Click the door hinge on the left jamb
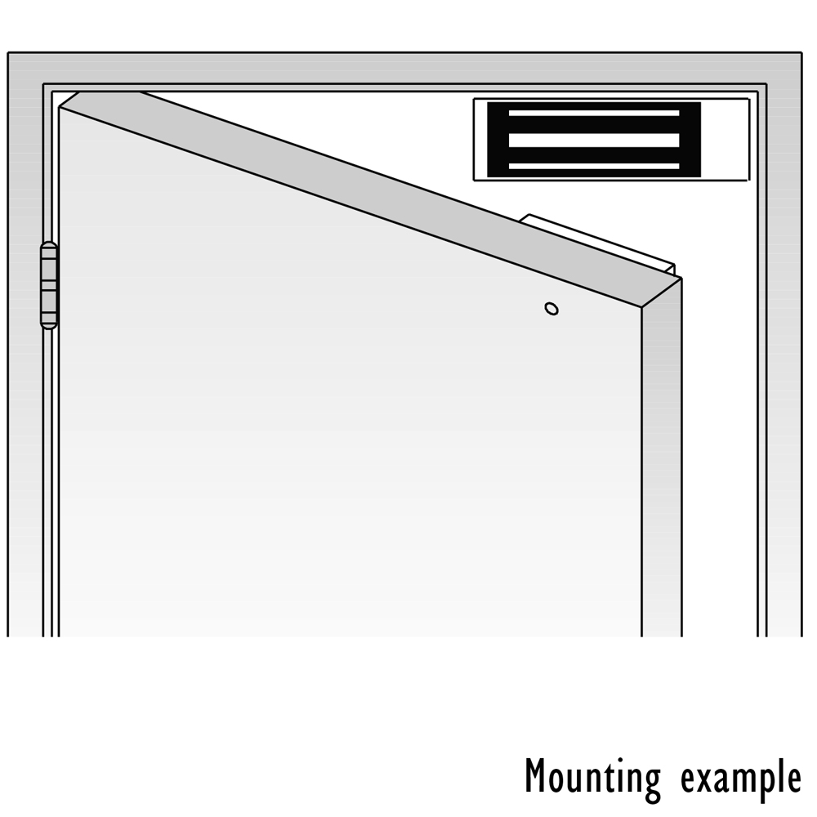[x=48, y=285]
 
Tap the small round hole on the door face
[x=551, y=309]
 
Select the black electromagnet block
[x=593, y=140]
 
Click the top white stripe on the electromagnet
[x=593, y=113]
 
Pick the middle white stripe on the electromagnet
[x=593, y=141]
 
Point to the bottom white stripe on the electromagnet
[x=593, y=167]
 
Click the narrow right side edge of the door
[x=662, y=458]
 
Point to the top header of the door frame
[x=405, y=68]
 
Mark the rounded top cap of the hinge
[x=48, y=246]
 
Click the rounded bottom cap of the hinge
[x=48, y=324]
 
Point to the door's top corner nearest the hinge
[x=60, y=107]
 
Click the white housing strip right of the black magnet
[x=725, y=140]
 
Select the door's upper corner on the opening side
[x=642, y=308]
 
